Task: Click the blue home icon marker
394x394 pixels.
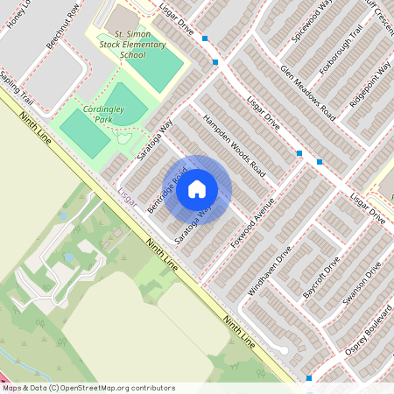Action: pos(197,188)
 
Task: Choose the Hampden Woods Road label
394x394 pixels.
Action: pos(233,142)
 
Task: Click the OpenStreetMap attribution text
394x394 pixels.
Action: pos(88,388)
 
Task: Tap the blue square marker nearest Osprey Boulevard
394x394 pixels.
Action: pos(308,378)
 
